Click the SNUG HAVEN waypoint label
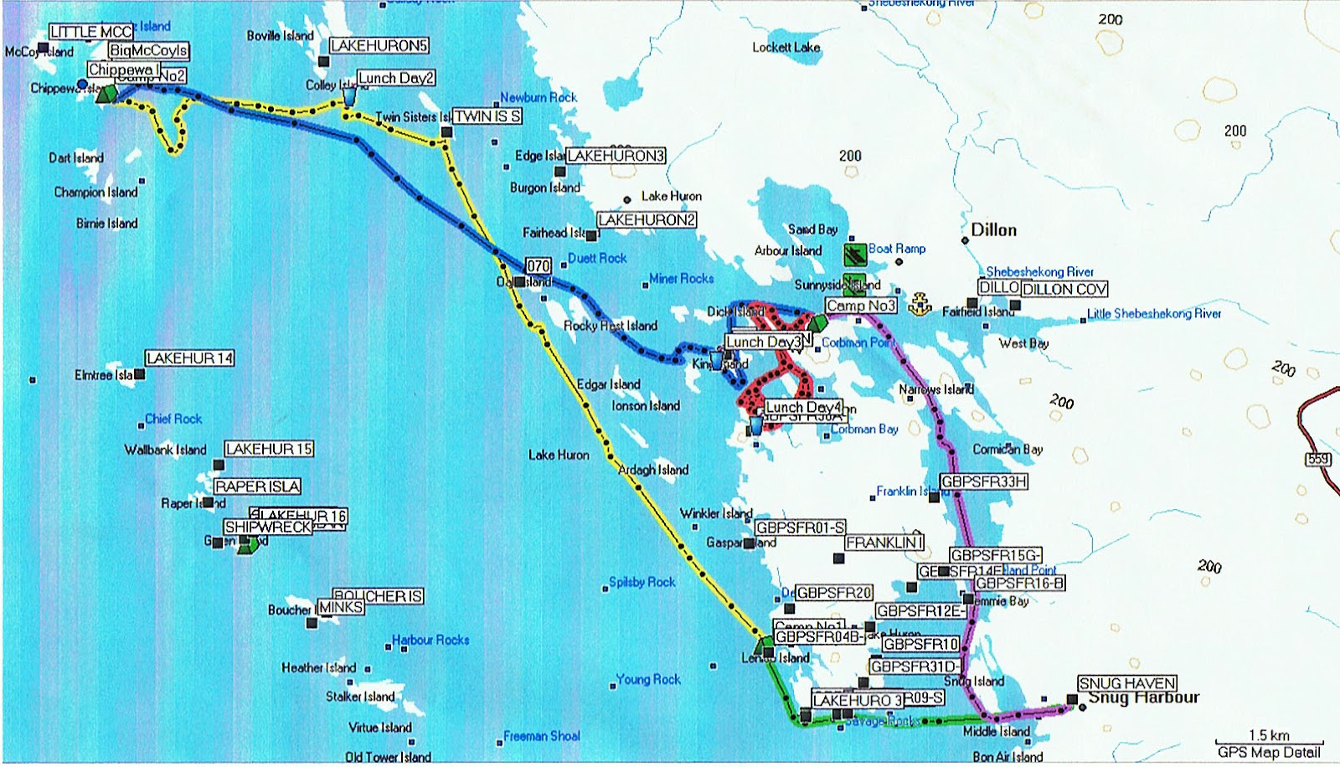[1127, 683]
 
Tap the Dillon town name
[993, 230]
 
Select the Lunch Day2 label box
[396, 78]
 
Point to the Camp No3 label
[860, 306]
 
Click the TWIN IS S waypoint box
[487, 116]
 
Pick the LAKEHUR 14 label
[189, 358]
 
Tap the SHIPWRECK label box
[268, 527]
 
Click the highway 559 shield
[1317, 459]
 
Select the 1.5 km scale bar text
[1269, 734]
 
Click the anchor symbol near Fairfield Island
[920, 302]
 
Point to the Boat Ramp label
[897, 249]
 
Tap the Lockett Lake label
[786, 48]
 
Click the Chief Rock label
[173, 419]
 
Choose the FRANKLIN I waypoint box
[884, 543]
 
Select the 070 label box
[539, 266]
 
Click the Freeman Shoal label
[541, 736]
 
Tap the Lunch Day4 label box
[803, 407]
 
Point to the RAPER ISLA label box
[257, 486]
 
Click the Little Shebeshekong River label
[1153, 314]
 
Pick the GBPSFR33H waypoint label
[983, 481]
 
